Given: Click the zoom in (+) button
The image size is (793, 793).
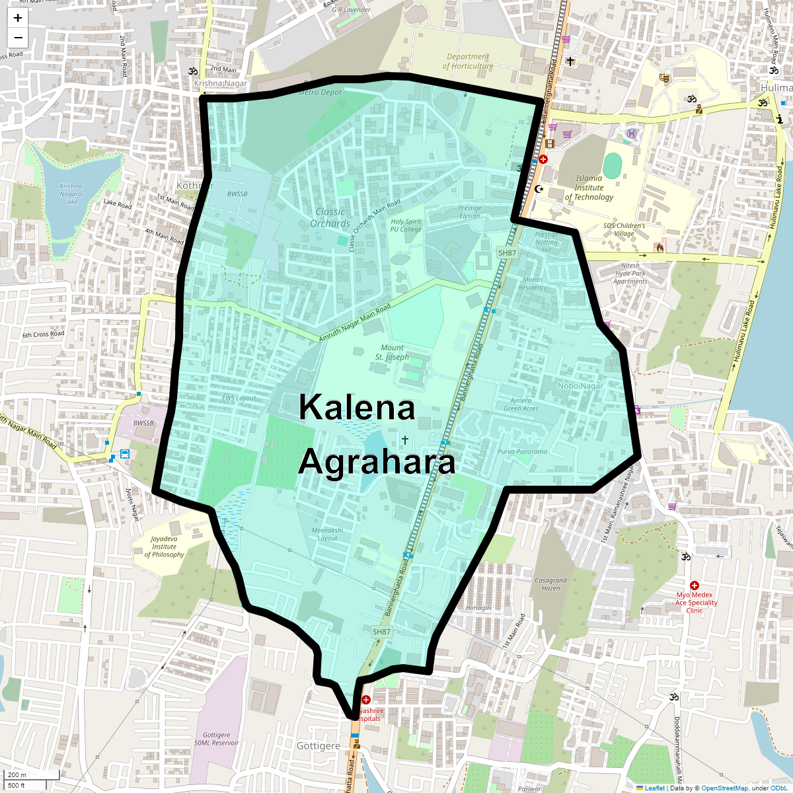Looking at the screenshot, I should coord(18,19).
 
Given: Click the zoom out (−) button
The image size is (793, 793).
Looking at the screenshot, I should coord(18,38).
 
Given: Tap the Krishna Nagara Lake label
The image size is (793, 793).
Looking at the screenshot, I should coord(71,194).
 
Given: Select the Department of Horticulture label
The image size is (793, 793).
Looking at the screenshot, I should coord(468,61).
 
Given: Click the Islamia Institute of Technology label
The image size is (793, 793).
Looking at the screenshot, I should coord(589,188).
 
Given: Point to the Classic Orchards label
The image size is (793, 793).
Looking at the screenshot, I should coord(330,217).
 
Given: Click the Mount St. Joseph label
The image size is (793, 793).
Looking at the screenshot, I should coord(392,352).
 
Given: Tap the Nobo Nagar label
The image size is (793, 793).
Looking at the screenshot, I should coord(580,386).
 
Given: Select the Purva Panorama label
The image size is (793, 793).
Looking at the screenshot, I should coord(522,452).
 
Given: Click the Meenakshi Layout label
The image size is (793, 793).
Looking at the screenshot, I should coord(327,534).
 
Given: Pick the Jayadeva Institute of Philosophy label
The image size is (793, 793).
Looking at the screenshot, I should coord(165,547).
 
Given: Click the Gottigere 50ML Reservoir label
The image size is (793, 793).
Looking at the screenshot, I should coord(217,739).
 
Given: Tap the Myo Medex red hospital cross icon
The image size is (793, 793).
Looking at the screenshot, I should coord(695,585).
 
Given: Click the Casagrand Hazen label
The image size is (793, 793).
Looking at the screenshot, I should coord(550,584).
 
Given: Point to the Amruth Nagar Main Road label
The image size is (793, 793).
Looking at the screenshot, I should coord(355,323).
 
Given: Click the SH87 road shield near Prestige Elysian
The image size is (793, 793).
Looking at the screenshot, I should coord(507,253).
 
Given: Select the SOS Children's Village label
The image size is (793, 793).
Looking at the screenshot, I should coord(624,229).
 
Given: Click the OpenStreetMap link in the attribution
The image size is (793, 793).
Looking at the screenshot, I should coord(724,788).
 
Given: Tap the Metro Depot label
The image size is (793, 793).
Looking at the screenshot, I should coord(321,93).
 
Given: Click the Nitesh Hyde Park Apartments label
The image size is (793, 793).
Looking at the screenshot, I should coord(630,274).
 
